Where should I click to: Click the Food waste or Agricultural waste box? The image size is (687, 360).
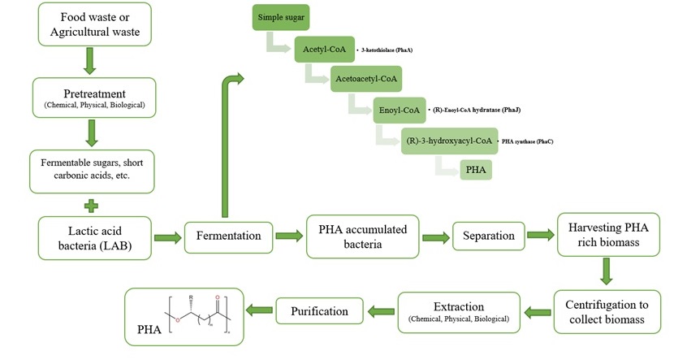point(94,24)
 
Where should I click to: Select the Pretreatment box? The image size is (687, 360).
point(94,97)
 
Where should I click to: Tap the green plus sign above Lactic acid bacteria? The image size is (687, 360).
point(93,203)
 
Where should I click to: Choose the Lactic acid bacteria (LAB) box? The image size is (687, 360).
point(94,236)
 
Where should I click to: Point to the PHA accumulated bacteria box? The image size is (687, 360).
point(362,236)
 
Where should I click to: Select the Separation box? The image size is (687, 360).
point(488,236)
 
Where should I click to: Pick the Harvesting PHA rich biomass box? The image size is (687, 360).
point(607,236)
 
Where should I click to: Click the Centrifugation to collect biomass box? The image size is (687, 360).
point(607,311)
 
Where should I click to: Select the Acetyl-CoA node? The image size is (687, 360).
point(324,50)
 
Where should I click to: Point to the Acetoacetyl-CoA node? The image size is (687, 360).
point(365,79)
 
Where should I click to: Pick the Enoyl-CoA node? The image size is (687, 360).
point(399,109)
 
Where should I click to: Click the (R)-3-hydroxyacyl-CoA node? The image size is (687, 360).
point(448,140)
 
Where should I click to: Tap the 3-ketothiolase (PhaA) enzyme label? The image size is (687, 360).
point(387,51)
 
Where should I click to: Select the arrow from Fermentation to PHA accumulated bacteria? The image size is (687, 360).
point(286,236)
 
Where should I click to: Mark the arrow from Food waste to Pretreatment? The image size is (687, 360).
point(93,60)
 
